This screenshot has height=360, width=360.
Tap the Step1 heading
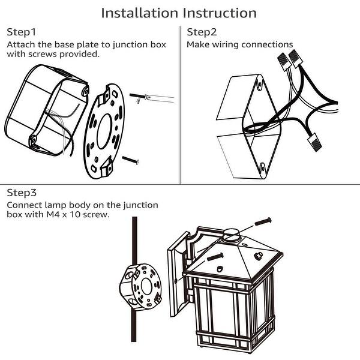(21, 32)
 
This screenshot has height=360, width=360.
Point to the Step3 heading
(22, 193)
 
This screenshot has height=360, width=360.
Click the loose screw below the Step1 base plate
(131, 160)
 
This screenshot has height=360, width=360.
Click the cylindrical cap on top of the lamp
(232, 233)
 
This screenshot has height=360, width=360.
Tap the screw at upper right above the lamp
(263, 221)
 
